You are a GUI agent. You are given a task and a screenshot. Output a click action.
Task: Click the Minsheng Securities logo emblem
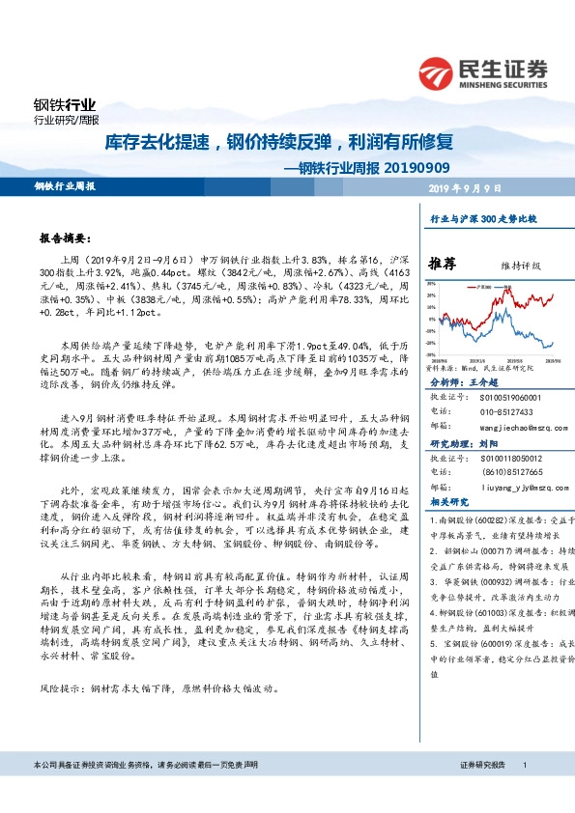tap(440, 72)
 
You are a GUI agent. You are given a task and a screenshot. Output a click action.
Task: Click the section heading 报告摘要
tap(66, 238)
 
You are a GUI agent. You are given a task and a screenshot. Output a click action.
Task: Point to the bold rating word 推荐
tap(443, 264)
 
